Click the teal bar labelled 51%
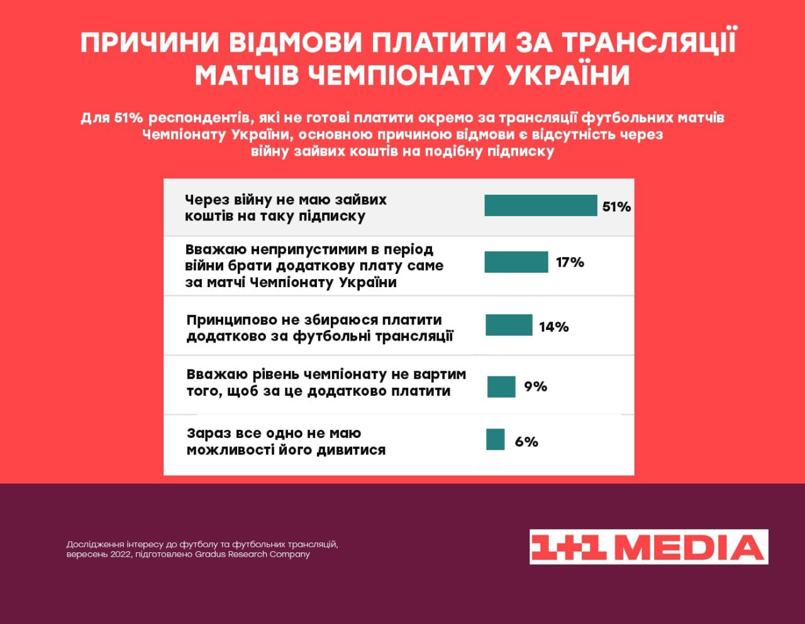[540, 205]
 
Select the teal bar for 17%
[516, 262]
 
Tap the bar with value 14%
[509, 326]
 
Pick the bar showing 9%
[501, 386]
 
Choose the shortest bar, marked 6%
[496, 439]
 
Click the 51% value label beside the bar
[616, 207]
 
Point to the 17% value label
[570, 262]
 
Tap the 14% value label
[554, 327]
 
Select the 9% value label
[535, 386]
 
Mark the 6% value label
[526, 442]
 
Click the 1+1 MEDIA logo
[648, 547]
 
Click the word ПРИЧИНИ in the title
[150, 43]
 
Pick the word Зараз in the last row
[209, 434]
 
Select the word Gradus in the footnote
[211, 554]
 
